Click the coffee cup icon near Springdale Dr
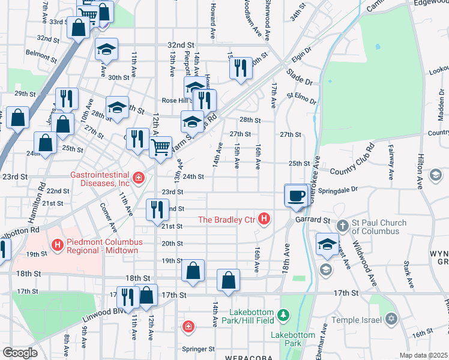(x=296, y=196)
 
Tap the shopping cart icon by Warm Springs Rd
(x=160, y=146)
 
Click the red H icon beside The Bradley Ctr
(x=264, y=220)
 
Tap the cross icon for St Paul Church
(x=342, y=226)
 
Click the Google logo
(x=20, y=353)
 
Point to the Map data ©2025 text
(x=423, y=355)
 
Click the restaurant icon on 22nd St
(x=157, y=209)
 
